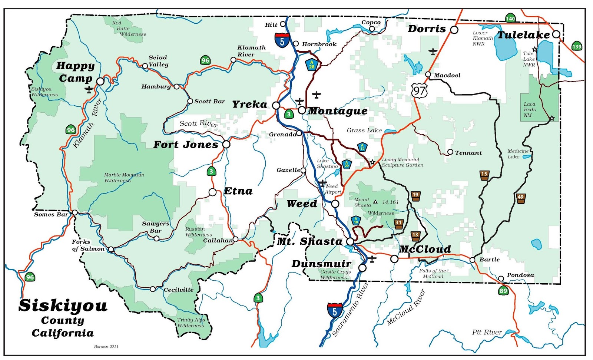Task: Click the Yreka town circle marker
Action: [x=276, y=105]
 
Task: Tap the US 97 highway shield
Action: [x=419, y=90]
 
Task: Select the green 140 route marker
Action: [x=510, y=18]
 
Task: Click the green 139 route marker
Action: [x=577, y=46]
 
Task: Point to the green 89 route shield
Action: [x=503, y=291]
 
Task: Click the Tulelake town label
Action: [x=523, y=35]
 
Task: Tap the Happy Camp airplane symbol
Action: [x=89, y=90]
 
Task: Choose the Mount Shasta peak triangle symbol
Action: [x=375, y=202]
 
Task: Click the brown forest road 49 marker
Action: [x=521, y=198]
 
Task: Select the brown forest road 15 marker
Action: [x=484, y=175]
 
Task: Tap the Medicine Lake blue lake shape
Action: [x=526, y=157]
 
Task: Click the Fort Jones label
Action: [x=186, y=145]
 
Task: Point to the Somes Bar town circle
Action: [x=75, y=212]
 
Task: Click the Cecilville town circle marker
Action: [x=153, y=289]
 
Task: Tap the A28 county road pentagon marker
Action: [x=312, y=65]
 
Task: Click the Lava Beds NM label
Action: [x=530, y=110]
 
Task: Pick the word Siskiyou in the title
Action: [x=63, y=306]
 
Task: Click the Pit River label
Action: [x=487, y=332]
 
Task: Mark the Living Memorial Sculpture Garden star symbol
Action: [x=372, y=162]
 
